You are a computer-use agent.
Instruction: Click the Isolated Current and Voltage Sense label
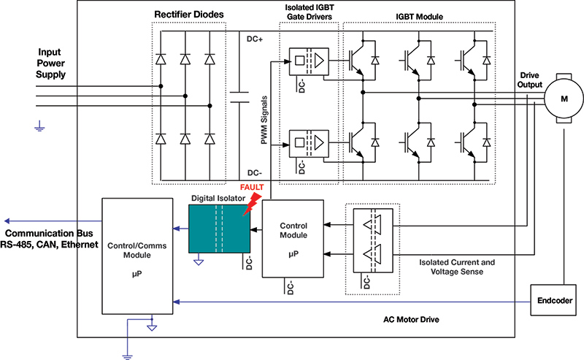click(x=458, y=267)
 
